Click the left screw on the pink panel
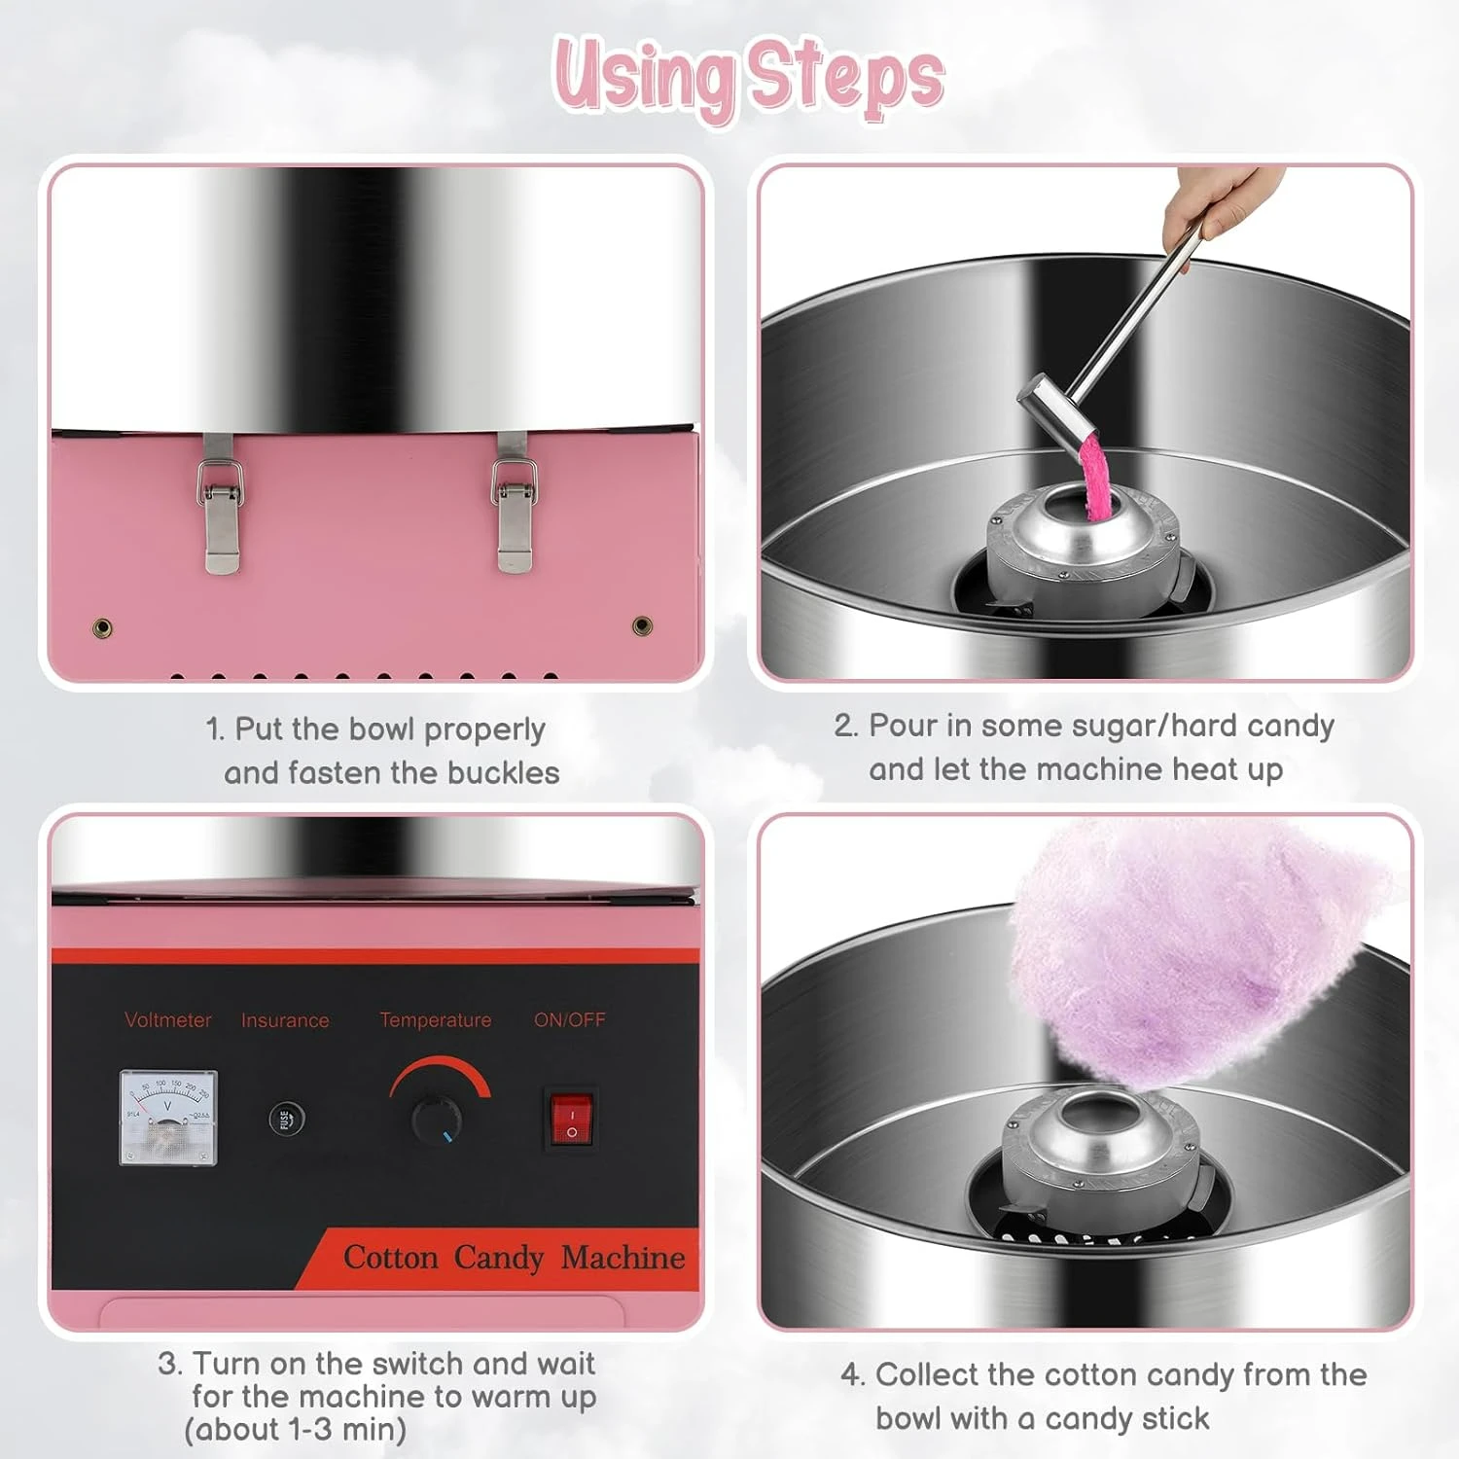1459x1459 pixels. pyautogui.click(x=102, y=627)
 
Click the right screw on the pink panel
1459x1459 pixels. pyautogui.click(x=642, y=624)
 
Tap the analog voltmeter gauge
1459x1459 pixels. pyautogui.click(x=168, y=1117)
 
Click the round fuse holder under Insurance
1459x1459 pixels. pyautogui.click(x=286, y=1119)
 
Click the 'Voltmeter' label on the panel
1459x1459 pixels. pyautogui.click(x=168, y=1020)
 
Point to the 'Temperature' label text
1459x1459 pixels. pyautogui.click(x=435, y=1020)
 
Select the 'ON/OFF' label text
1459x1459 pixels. pyautogui.click(x=569, y=1020)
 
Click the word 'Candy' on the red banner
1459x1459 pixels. pyautogui.click(x=498, y=1258)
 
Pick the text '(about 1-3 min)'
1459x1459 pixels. pyautogui.click(x=296, y=1430)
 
